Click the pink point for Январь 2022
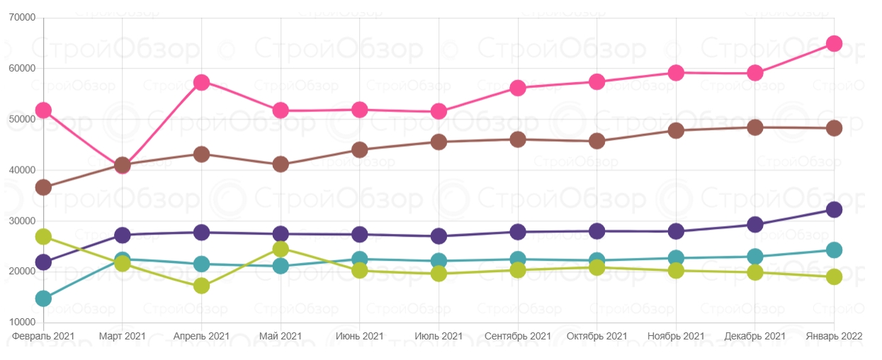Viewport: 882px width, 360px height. (x=834, y=43)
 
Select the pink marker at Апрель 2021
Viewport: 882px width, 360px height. (x=201, y=82)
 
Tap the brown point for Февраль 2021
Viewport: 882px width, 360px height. (x=43, y=188)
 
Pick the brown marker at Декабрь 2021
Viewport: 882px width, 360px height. (x=755, y=128)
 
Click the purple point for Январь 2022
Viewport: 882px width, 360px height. (x=834, y=210)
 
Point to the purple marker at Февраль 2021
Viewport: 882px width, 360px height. (x=43, y=262)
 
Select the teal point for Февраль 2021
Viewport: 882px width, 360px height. (x=43, y=298)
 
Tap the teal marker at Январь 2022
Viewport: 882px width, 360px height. (x=834, y=250)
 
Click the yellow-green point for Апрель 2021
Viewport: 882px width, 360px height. (x=201, y=286)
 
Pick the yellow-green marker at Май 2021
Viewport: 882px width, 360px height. (x=281, y=249)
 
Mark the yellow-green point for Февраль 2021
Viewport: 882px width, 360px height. (x=43, y=236)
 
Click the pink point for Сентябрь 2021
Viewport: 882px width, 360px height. (x=518, y=88)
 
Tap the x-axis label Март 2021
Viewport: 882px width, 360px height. (x=122, y=337)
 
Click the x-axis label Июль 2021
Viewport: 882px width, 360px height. (x=439, y=337)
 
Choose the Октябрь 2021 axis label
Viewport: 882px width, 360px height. (x=597, y=337)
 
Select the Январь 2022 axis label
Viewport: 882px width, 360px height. (x=834, y=337)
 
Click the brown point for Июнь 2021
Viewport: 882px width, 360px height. (x=359, y=150)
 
